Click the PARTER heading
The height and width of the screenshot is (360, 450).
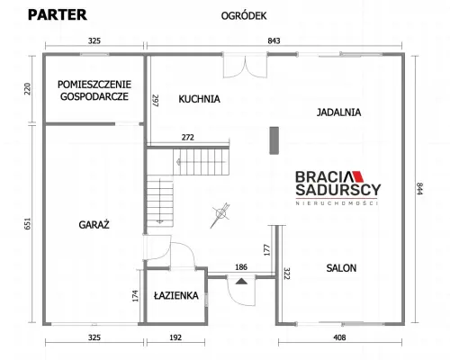click(58, 14)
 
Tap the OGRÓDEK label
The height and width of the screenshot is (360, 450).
click(244, 16)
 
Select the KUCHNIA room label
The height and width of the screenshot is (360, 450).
click(199, 99)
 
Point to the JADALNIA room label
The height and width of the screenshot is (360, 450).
click(338, 112)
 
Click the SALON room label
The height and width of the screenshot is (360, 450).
click(341, 268)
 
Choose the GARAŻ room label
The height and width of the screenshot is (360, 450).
click(94, 224)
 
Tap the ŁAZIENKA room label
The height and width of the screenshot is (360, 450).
click(176, 295)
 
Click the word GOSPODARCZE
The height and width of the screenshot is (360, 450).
click(94, 96)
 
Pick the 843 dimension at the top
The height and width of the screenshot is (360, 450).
click(274, 40)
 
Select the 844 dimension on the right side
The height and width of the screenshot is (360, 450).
click(419, 188)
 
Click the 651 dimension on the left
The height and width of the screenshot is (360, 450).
click(27, 224)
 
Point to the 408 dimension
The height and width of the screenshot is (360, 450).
click(339, 337)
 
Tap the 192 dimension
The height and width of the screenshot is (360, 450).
click(175, 337)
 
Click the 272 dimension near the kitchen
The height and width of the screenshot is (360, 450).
click(188, 138)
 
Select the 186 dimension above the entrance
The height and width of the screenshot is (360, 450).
click(241, 267)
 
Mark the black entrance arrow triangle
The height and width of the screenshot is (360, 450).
click(241, 282)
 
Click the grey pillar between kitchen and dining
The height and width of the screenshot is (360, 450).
click(274, 140)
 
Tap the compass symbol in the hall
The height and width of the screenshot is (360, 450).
click(220, 214)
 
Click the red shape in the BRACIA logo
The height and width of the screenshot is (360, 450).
click(357, 176)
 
